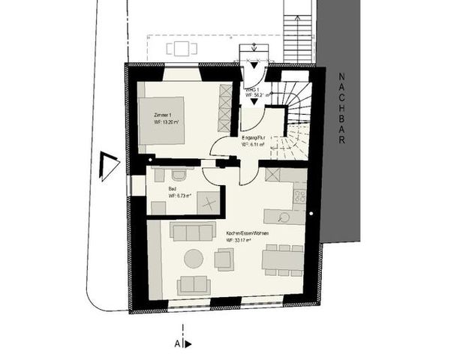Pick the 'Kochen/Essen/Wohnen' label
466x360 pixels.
[x=248, y=234]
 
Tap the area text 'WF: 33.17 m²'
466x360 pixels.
[x=242, y=241]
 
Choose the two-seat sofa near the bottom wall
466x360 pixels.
[x=193, y=285]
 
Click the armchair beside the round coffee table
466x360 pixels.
[x=224, y=259]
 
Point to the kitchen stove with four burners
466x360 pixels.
[x=299, y=196]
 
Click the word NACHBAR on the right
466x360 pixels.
[x=340, y=112]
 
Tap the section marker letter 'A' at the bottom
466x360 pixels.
[x=178, y=343]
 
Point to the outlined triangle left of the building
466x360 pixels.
[x=110, y=166]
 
